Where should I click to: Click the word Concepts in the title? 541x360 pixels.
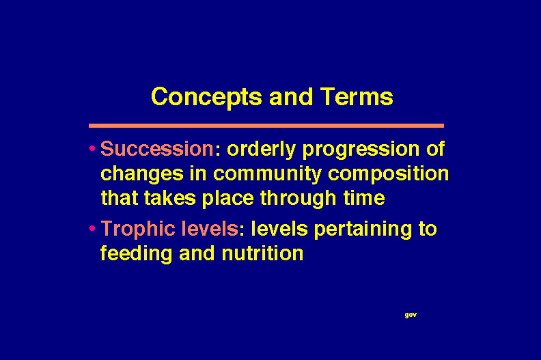(x=206, y=98)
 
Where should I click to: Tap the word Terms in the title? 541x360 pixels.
(x=357, y=96)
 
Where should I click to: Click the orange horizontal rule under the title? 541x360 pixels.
(x=266, y=126)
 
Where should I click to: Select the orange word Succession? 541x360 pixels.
(x=157, y=149)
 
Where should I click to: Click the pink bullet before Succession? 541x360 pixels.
(x=92, y=149)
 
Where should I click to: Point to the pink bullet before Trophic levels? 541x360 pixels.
(x=92, y=228)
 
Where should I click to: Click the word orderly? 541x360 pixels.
(x=261, y=150)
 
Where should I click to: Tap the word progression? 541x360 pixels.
(x=361, y=150)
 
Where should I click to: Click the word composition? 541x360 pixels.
(x=388, y=174)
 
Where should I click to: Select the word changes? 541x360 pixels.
(x=142, y=174)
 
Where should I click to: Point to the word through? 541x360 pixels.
(x=298, y=199)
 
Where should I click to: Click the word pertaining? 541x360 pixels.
(x=363, y=230)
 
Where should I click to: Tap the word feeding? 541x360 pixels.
(x=136, y=254)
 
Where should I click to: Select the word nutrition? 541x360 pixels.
(x=262, y=253)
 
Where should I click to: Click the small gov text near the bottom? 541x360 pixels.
(x=411, y=315)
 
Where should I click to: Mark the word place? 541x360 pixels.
(x=227, y=199)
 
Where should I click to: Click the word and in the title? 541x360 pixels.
(x=291, y=96)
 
